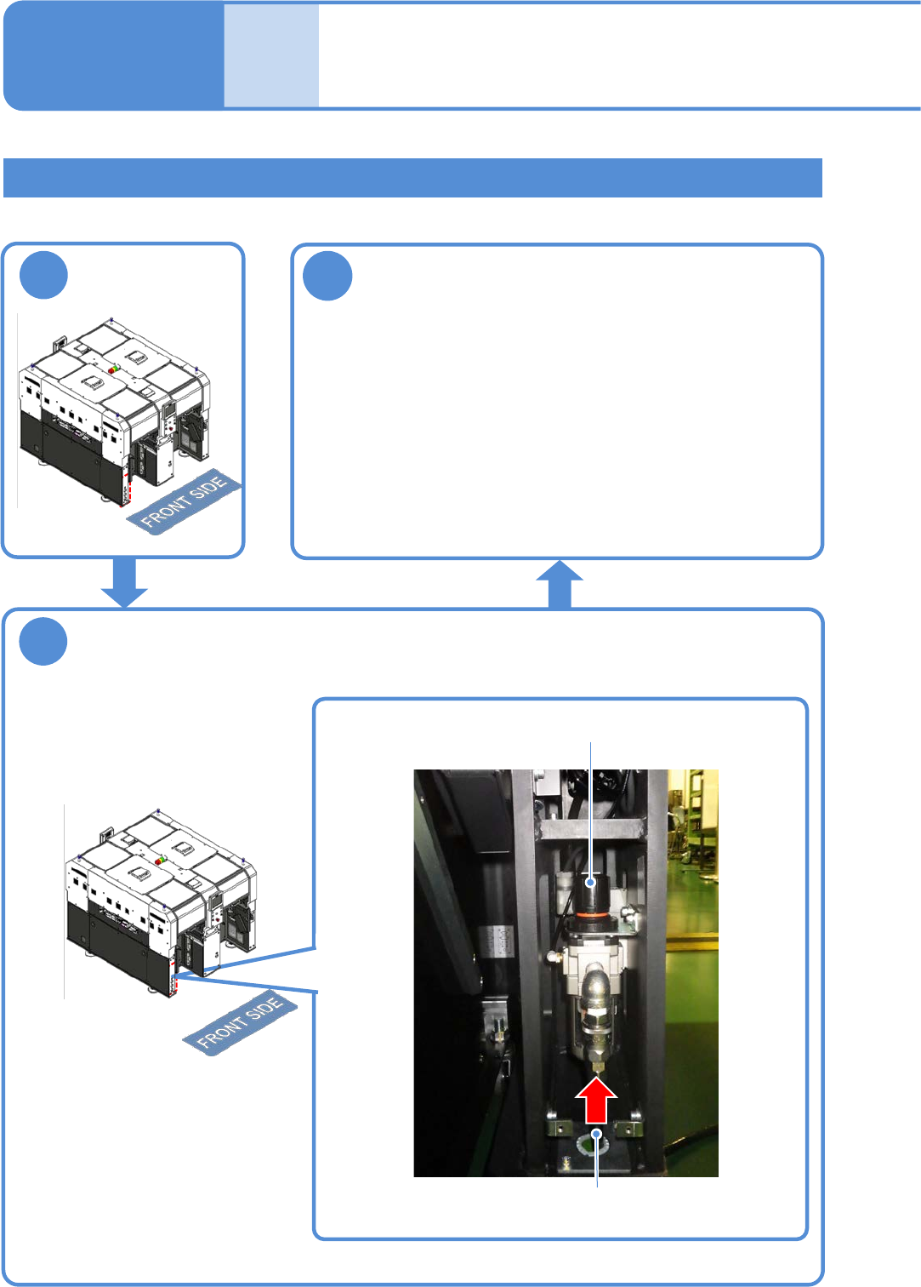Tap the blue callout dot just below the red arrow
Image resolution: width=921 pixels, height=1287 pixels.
pos(597,1134)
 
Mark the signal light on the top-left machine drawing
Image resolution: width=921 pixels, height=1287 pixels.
pos(113,369)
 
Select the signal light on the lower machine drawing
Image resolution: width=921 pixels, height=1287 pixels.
pos(160,861)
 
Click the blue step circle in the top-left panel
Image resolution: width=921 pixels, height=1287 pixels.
pos(43,275)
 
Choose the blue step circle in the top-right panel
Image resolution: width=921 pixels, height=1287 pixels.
pos(327,276)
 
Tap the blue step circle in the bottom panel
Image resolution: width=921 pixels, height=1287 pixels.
pos(43,641)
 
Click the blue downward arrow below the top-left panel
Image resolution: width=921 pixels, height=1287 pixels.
pos(124,582)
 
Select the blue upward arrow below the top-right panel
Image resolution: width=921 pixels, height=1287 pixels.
pos(560,584)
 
